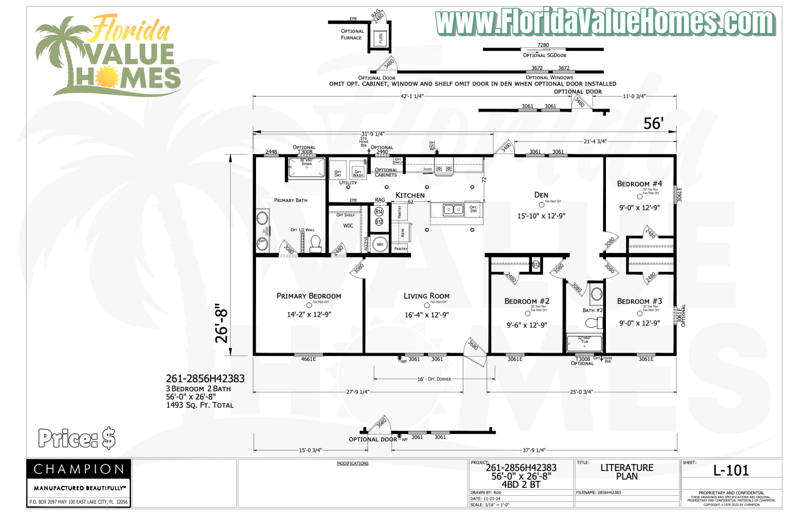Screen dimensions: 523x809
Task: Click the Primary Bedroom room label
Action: pyautogui.click(x=309, y=296)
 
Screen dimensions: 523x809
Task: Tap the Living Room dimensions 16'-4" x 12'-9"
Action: pyautogui.click(x=426, y=315)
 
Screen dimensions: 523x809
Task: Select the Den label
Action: pyautogui.click(x=541, y=195)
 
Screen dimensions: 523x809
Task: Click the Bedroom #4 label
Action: pyautogui.click(x=639, y=184)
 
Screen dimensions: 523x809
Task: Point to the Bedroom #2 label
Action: pyautogui.click(x=527, y=301)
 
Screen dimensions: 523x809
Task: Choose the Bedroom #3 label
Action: pyautogui.click(x=639, y=301)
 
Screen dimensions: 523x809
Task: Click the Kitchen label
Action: pyautogui.click(x=410, y=195)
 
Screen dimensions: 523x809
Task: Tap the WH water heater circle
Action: pyautogui.click(x=380, y=245)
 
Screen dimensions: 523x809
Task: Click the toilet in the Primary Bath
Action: pyautogui.click(x=315, y=244)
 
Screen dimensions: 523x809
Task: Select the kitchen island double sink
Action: pyautogui.click(x=453, y=209)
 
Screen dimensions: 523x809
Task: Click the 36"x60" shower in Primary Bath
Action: pyautogui.click(x=306, y=168)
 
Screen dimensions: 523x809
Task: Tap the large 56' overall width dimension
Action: pyautogui.click(x=653, y=124)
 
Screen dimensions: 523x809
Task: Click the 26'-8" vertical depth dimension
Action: pyautogui.click(x=222, y=323)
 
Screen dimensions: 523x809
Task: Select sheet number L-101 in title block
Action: pyautogui.click(x=731, y=470)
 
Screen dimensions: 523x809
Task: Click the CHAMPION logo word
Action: pyautogui.click(x=79, y=469)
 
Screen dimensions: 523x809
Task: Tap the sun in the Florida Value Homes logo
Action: pyautogui.click(x=107, y=77)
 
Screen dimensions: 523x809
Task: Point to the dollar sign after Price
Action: pyautogui.click(x=108, y=439)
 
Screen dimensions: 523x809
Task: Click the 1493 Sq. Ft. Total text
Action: pyautogui.click(x=200, y=405)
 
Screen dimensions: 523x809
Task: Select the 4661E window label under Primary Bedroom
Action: pyautogui.click(x=308, y=359)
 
